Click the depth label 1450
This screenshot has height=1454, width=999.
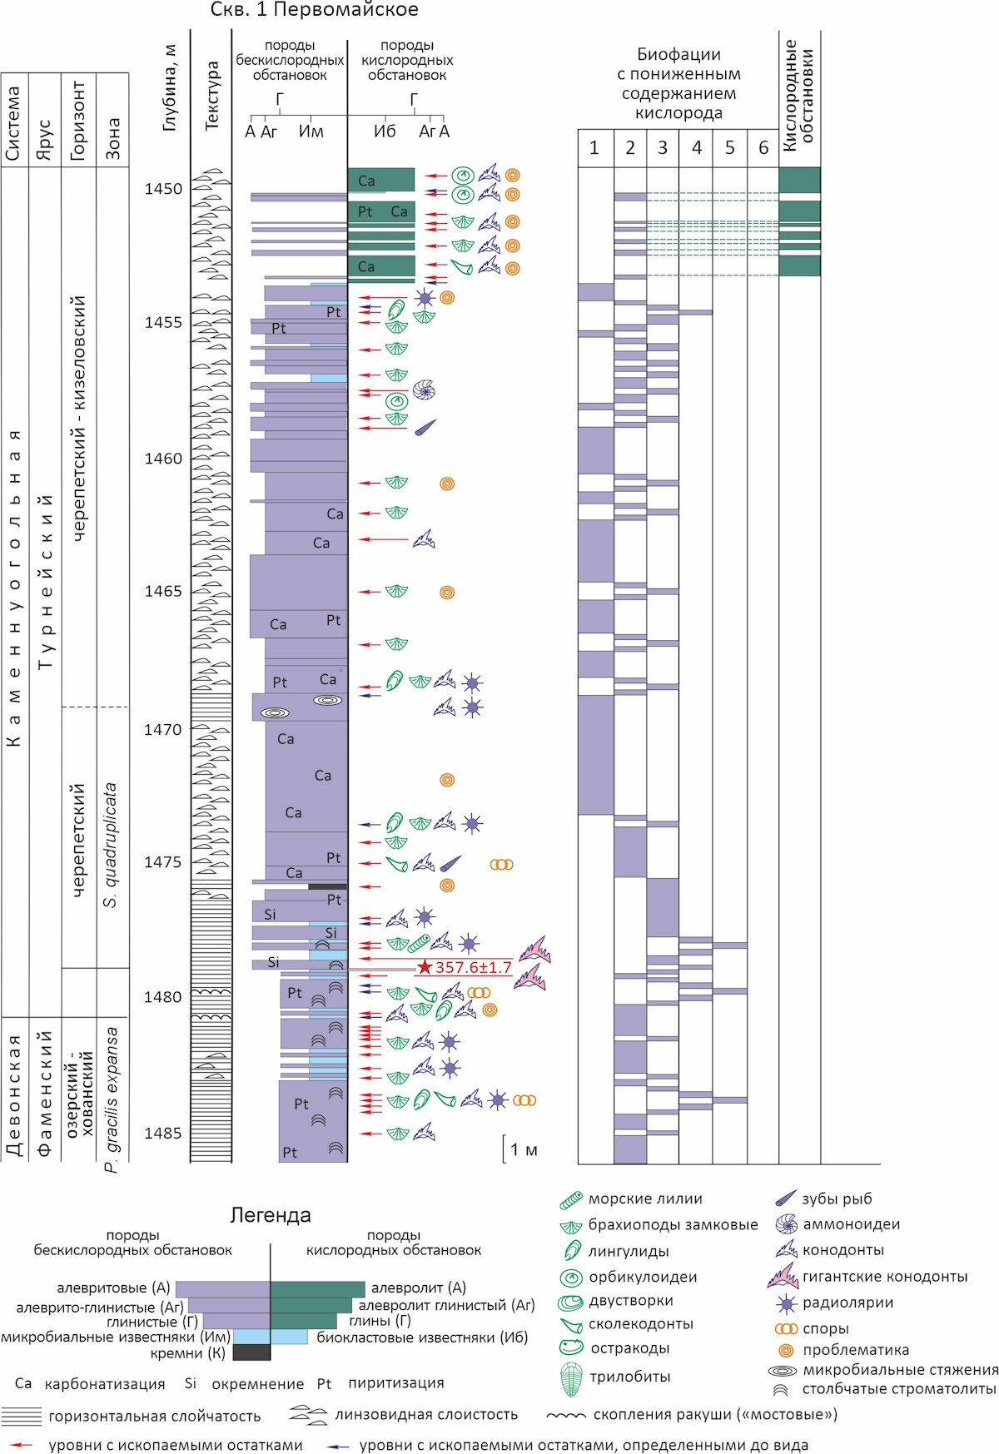[163, 189]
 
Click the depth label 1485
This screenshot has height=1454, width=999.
[163, 1134]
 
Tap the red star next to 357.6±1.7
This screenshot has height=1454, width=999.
[425, 967]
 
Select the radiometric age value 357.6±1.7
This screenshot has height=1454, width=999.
[474, 967]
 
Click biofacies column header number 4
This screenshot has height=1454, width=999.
[697, 148]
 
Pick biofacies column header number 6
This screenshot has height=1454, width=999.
[763, 148]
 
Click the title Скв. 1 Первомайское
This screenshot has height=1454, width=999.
[315, 10]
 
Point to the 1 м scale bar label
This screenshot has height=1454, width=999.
[524, 1149]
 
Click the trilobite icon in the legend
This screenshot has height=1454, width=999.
[571, 1378]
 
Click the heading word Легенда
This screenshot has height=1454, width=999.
[271, 1215]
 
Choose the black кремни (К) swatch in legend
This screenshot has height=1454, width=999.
[251, 1353]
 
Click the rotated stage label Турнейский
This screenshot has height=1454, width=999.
[46, 583]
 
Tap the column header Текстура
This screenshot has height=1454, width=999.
[211, 96]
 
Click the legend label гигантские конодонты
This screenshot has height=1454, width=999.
[885, 1277]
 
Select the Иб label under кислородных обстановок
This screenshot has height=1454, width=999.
[385, 132]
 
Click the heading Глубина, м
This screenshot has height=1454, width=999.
[169, 88]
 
